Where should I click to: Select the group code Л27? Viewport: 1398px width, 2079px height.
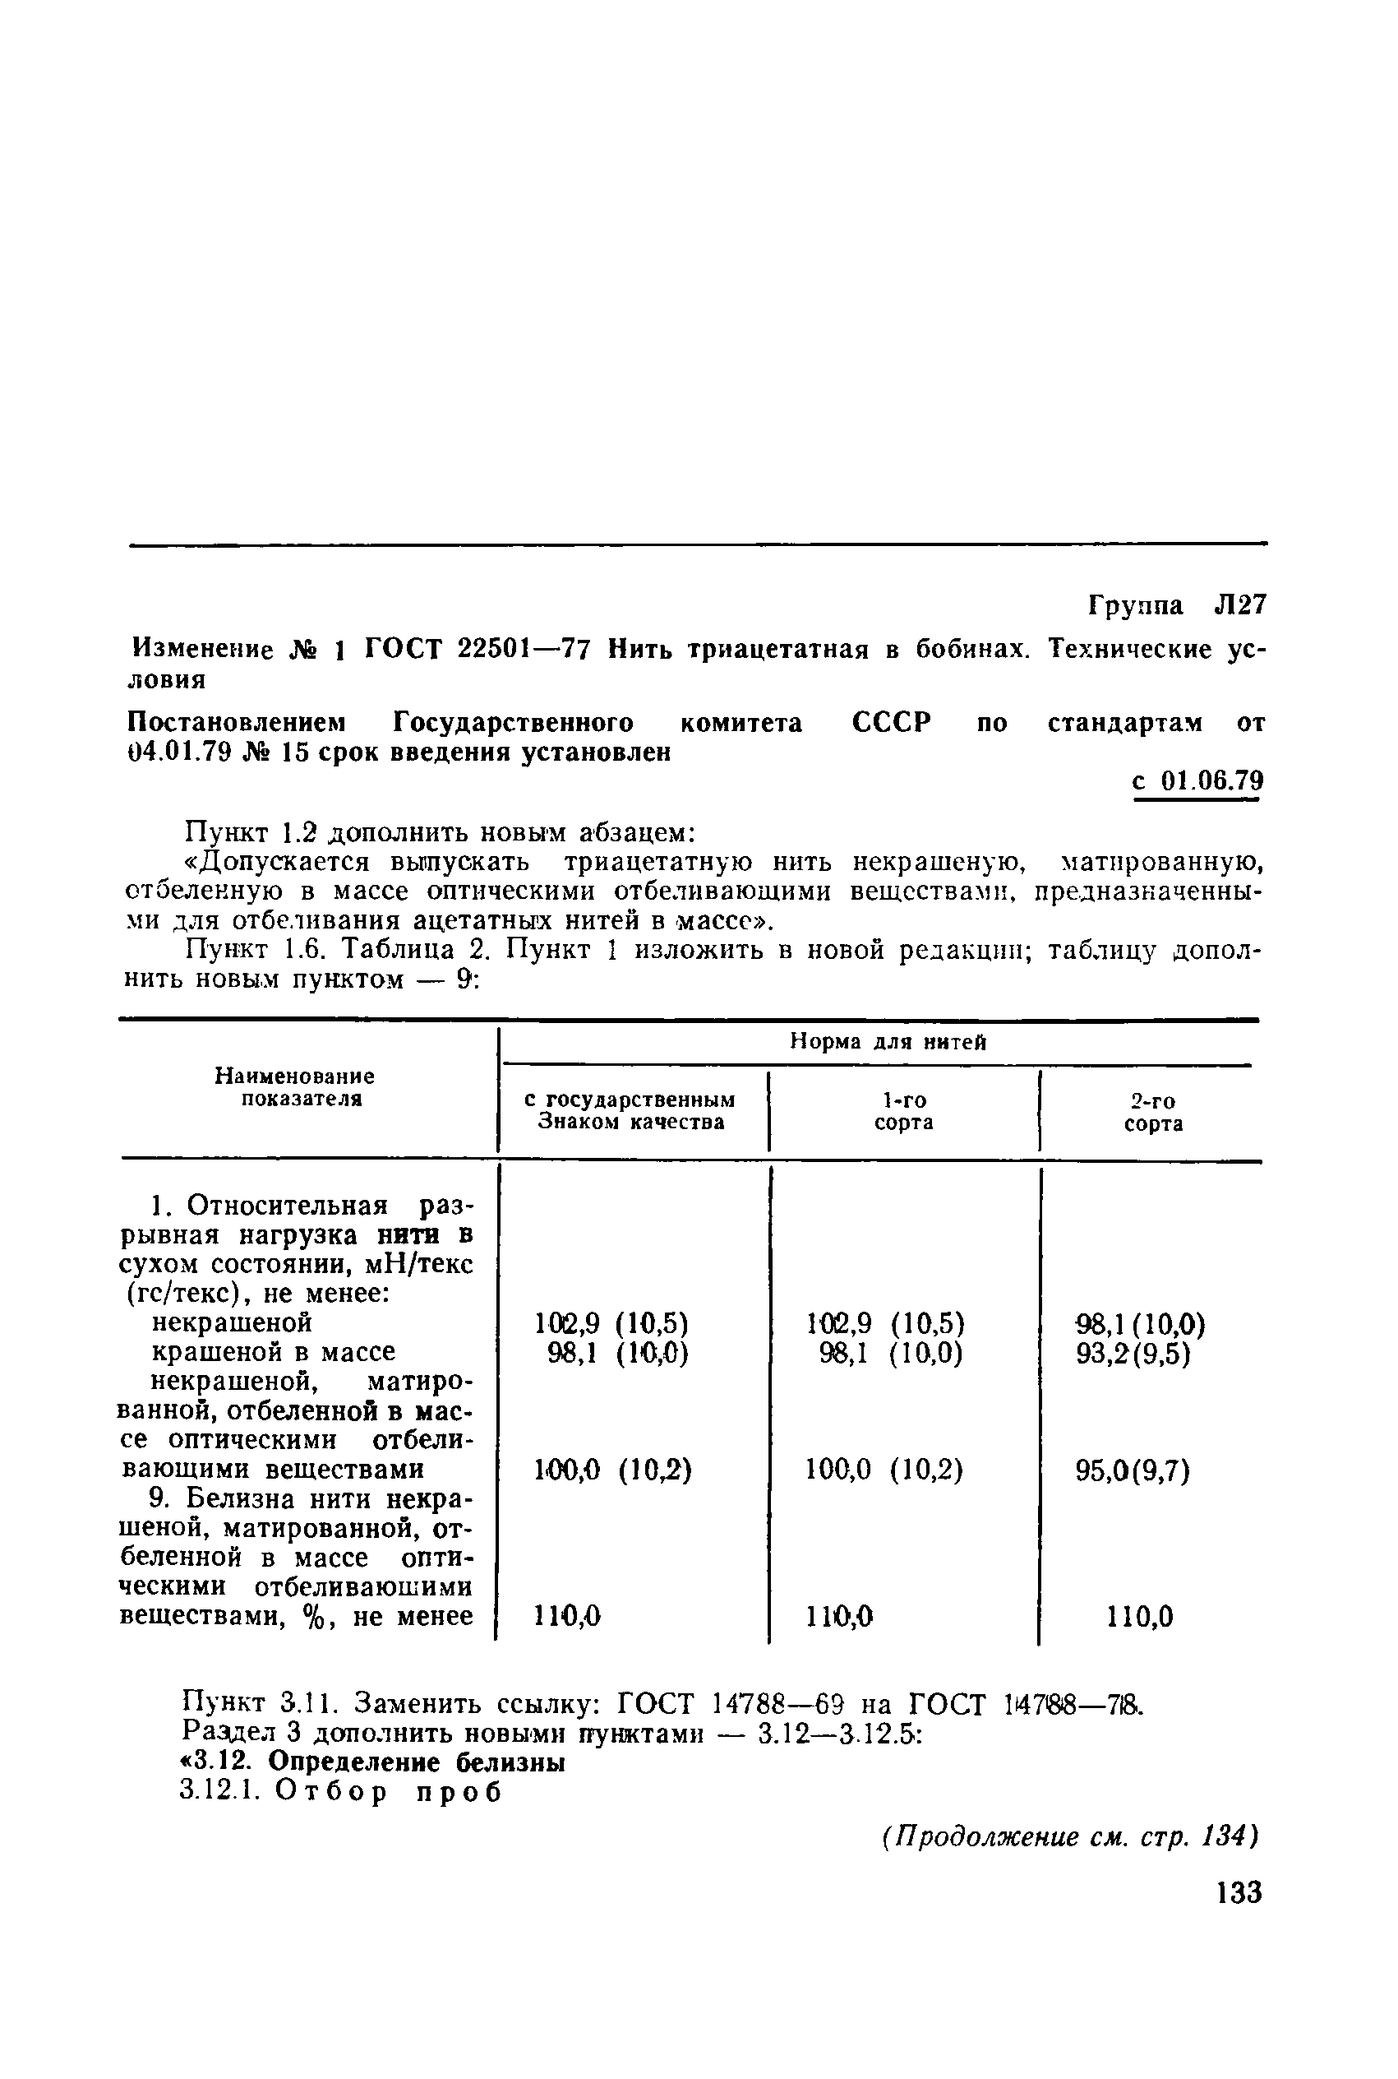coord(1239,605)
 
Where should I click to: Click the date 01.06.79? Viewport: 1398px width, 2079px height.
coord(1211,781)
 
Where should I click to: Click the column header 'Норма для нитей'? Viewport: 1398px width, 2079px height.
coord(888,1042)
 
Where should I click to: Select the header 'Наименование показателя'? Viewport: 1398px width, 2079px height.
coord(295,1087)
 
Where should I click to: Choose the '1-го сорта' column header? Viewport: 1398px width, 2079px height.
coord(903,1111)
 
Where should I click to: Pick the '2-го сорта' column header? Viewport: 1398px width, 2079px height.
coord(1153,1112)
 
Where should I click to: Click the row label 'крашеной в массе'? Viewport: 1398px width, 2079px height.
coord(274,1352)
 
